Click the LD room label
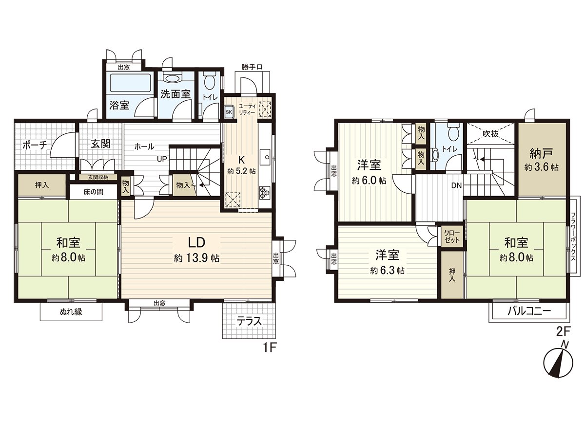coord(196,242)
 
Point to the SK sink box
coord(229,111)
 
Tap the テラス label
coord(250,321)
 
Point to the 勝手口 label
coord(252,66)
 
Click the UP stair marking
coord(162,158)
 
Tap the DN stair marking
coord(456,185)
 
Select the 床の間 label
coord(93,192)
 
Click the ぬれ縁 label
coord(71,312)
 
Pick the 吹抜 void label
coord(490,133)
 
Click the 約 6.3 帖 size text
coord(387,271)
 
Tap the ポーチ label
coord(35,145)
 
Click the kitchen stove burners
coord(265,192)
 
